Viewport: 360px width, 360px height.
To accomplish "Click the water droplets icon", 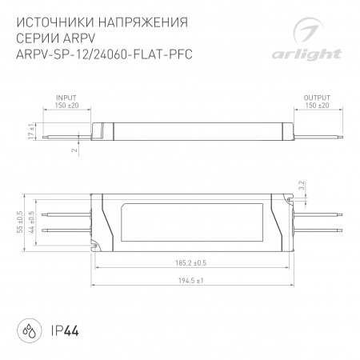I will coord(26,329).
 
